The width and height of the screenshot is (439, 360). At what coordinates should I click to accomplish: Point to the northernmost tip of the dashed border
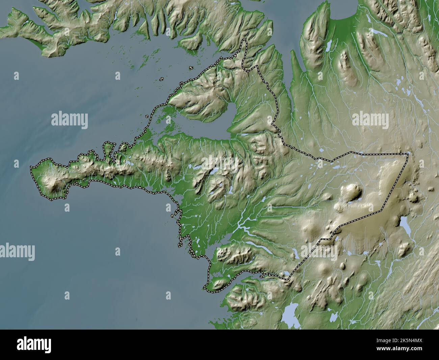[x=244, y=40]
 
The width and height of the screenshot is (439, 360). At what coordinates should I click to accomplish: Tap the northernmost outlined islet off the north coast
[x=191, y=68]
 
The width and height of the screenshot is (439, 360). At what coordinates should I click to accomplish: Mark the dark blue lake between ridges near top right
[x=328, y=46]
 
